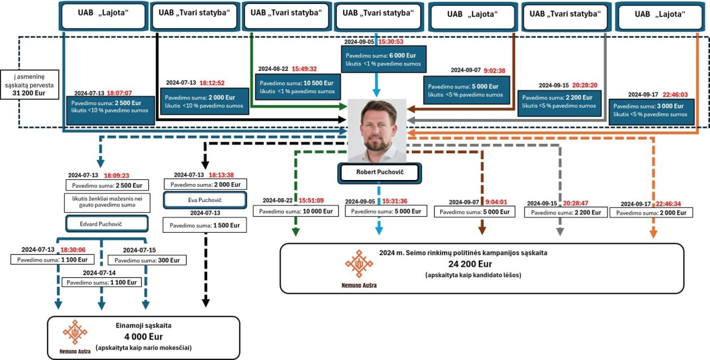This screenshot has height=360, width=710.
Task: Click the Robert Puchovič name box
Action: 380,173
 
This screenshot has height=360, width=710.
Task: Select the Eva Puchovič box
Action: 204,200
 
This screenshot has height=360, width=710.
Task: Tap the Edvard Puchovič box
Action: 107,224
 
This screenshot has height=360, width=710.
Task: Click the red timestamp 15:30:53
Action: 391,42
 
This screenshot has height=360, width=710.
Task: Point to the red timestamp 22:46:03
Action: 675,94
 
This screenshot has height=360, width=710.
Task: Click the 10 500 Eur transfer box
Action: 298,87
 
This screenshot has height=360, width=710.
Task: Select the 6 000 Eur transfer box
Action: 383,59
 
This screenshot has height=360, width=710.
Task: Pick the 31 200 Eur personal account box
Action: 30,85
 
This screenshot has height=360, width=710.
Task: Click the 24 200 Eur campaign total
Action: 470,264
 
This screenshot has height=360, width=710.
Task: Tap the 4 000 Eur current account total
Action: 144,337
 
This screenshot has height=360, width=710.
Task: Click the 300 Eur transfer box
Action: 147,260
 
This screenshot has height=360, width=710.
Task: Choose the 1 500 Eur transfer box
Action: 204,225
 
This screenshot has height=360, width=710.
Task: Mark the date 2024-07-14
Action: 99,273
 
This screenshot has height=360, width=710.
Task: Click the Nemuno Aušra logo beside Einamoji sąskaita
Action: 75,337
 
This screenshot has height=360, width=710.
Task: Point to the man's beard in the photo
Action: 377,143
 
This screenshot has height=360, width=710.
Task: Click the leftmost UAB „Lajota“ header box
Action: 103,16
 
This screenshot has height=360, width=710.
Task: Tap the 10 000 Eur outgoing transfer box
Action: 296,211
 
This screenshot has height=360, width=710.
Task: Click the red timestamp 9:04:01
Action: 496,202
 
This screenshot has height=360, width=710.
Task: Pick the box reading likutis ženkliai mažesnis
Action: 107,203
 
